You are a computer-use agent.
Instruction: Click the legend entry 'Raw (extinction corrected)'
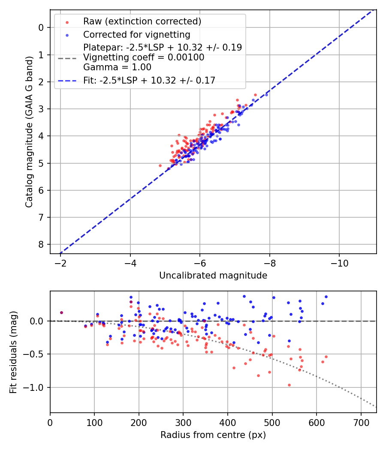[x=142, y=21]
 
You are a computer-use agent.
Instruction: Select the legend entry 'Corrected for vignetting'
[x=136, y=34]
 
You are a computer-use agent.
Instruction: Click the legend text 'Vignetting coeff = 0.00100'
[x=144, y=57]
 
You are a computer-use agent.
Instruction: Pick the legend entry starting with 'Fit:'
[x=149, y=80]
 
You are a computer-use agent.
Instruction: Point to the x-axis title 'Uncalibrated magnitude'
[x=213, y=276]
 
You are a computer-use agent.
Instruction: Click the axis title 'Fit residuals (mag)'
[x=13, y=352]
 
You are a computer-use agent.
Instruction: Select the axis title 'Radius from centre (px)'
[x=213, y=435]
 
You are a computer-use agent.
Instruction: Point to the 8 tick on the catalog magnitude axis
[x=41, y=244]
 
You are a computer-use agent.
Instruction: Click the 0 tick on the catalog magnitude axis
[x=41, y=27]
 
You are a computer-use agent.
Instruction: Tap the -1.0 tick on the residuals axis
[x=35, y=387]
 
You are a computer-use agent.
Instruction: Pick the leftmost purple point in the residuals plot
[x=61, y=312]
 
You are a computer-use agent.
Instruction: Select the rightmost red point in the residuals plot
[x=326, y=357]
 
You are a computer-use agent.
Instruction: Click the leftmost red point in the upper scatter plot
[x=160, y=165]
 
